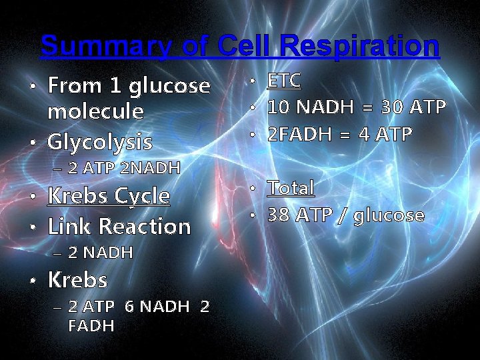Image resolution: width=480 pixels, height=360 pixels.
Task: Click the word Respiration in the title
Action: click(360, 47)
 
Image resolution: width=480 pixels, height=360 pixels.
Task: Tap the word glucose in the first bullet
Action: click(170, 86)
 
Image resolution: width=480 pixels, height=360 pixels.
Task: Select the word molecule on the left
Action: click(95, 111)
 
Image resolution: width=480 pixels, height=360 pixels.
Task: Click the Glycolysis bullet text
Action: click(100, 142)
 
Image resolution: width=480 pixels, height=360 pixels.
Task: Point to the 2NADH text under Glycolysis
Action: click(150, 167)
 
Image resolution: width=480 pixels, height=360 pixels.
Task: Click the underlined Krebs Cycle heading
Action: click(109, 196)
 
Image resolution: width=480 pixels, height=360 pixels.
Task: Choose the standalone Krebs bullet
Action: click(77, 280)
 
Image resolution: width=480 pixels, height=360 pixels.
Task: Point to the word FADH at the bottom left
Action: click(91, 326)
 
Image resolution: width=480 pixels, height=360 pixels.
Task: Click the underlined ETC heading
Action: click(284, 81)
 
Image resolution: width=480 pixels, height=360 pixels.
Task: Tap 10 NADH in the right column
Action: click(311, 107)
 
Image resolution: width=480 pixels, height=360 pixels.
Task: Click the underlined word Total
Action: click(291, 188)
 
